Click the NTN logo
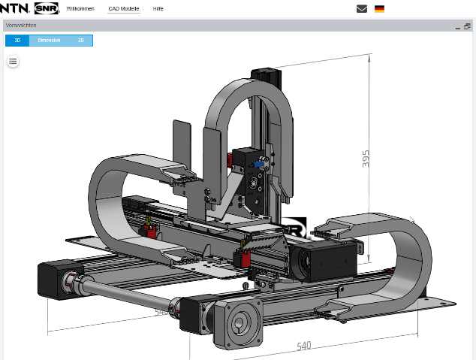click(15, 8)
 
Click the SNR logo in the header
click(47, 8)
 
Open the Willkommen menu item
click(80, 8)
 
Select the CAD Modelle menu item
click(124, 8)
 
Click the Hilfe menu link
click(158, 8)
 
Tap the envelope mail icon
click(362, 9)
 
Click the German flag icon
click(380, 9)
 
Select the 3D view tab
click(17, 41)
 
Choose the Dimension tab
click(49, 41)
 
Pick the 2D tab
click(81, 41)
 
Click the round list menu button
click(13, 61)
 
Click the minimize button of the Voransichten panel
click(457, 26)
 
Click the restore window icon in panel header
click(467, 26)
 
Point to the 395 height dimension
click(366, 159)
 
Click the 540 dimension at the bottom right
click(304, 346)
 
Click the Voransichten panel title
click(22, 26)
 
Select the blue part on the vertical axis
click(258, 161)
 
